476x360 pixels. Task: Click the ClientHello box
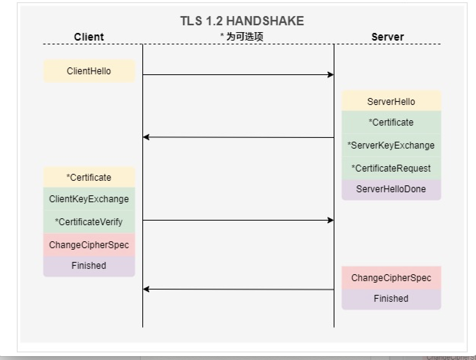pyautogui.click(x=89, y=71)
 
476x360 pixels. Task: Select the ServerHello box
pyautogui.click(x=391, y=101)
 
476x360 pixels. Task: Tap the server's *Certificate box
pyautogui.click(x=391, y=122)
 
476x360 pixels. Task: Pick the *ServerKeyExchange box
pyautogui.click(x=391, y=145)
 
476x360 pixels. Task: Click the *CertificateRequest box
pyautogui.click(x=391, y=168)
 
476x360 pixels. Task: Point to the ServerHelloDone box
pyautogui.click(x=391, y=189)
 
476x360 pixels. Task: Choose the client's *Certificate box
pyautogui.click(x=89, y=177)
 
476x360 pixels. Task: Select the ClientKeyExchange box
pyautogui.click(x=89, y=199)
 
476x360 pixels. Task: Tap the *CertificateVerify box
pyautogui.click(x=89, y=222)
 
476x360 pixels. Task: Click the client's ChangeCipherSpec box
pyautogui.click(x=89, y=245)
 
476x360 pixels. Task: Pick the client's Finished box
pyautogui.click(x=89, y=265)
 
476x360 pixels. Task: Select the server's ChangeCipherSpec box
pyautogui.click(x=391, y=278)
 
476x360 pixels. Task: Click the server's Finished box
pyautogui.click(x=391, y=298)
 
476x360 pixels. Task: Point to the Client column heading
pyautogui.click(x=89, y=37)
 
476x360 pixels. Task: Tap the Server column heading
pyautogui.click(x=388, y=37)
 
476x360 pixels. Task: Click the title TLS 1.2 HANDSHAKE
pyautogui.click(x=242, y=21)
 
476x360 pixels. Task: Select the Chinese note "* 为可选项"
pyautogui.click(x=241, y=37)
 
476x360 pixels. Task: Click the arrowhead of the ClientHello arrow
pyautogui.click(x=331, y=75)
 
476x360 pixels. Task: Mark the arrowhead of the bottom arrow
pyautogui.click(x=146, y=289)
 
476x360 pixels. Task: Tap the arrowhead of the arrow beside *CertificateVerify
pyautogui.click(x=331, y=220)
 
